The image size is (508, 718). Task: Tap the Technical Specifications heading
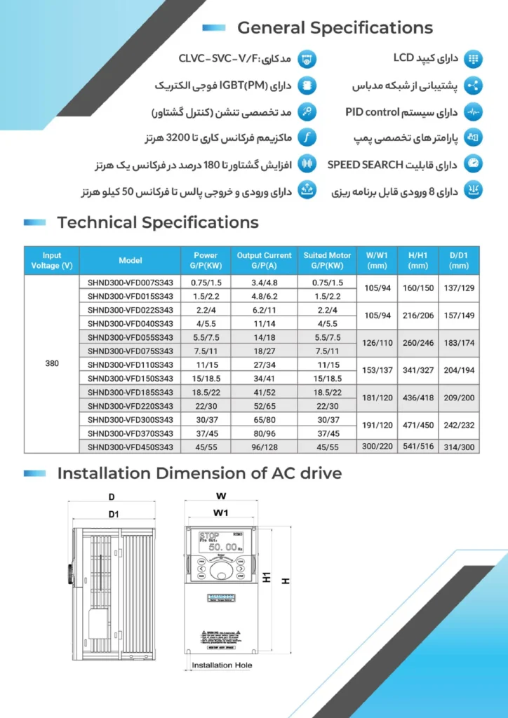click(x=157, y=223)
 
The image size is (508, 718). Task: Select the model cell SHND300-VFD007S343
click(x=131, y=283)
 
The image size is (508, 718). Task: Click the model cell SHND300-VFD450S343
click(x=131, y=447)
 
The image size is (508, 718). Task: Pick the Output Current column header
click(x=264, y=260)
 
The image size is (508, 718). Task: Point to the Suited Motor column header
click(x=327, y=260)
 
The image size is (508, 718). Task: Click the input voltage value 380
click(x=52, y=365)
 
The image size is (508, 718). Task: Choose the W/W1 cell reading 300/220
click(x=377, y=447)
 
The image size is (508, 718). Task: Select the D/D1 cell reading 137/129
click(x=459, y=289)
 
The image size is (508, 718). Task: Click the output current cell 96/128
click(x=264, y=447)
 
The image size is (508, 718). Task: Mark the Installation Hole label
click(x=222, y=665)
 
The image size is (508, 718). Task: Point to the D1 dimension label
click(x=113, y=515)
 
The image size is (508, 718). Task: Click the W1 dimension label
click(x=221, y=513)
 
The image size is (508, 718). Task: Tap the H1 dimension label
click(x=267, y=578)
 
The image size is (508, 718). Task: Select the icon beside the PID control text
click(x=474, y=112)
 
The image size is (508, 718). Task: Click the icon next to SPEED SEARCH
click(x=474, y=164)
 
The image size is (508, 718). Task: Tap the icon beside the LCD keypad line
click(x=474, y=59)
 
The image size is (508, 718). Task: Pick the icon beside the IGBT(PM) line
click(x=307, y=86)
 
